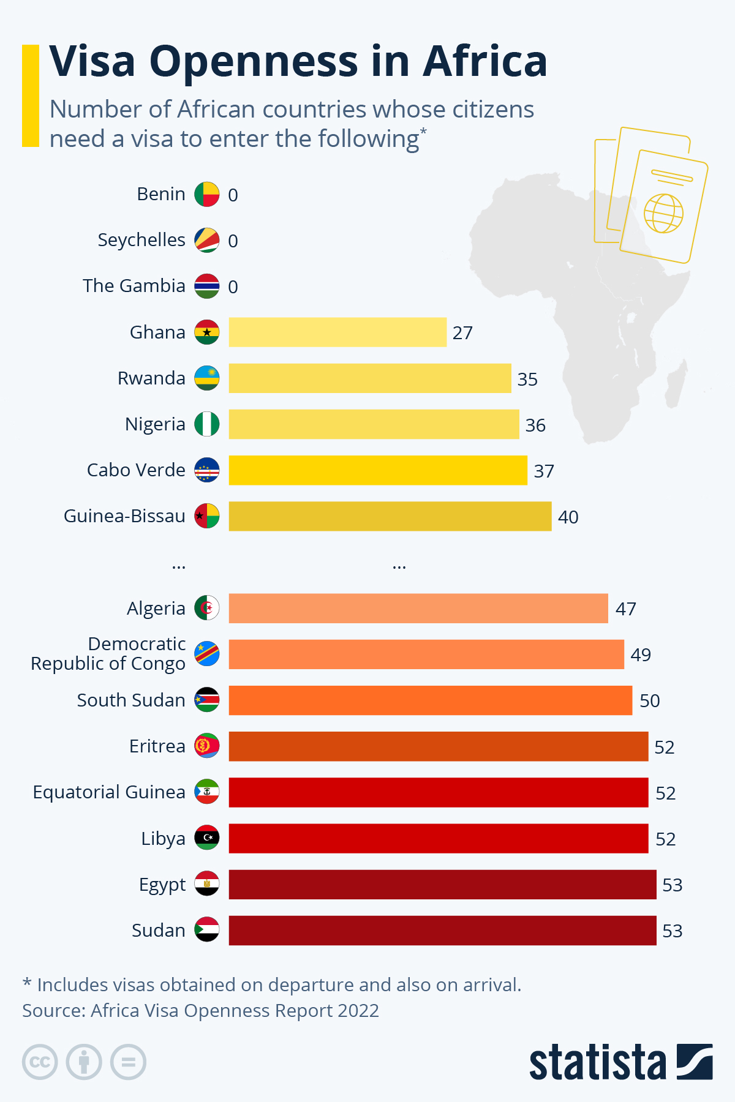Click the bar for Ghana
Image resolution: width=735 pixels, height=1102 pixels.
tap(337, 332)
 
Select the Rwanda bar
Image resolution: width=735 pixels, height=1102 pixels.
tap(370, 378)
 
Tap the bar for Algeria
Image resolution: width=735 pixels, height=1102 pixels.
tap(418, 609)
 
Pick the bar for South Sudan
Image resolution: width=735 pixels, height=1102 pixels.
tap(431, 700)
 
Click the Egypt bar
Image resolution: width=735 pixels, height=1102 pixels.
tap(442, 885)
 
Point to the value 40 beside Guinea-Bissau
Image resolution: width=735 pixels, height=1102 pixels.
tap(568, 517)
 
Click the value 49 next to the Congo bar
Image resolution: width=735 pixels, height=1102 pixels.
tap(641, 655)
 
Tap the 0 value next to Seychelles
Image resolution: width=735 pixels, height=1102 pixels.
tap(233, 241)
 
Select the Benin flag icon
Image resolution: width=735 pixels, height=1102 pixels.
tap(207, 194)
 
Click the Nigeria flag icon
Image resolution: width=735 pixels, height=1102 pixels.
tap(207, 424)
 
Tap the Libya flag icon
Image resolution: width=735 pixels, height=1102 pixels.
tap(207, 838)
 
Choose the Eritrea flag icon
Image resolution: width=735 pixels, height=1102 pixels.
tap(207, 746)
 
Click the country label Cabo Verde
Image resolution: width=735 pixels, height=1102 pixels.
tap(136, 470)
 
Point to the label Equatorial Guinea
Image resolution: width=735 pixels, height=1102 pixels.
tap(109, 792)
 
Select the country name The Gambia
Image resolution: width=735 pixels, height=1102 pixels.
tap(134, 286)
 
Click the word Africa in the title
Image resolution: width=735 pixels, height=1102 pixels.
tap(484, 61)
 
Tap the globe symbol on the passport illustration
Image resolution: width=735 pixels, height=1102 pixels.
tap(663, 213)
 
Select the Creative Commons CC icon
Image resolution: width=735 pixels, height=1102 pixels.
tap(40, 1062)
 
